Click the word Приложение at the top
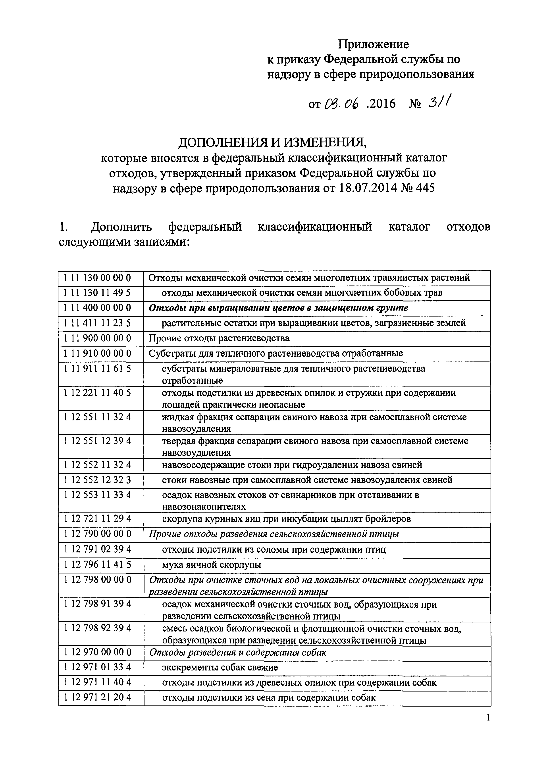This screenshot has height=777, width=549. click(x=374, y=44)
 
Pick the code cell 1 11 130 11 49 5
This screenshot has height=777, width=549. click(x=97, y=293)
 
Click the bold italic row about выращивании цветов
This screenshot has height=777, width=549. click(x=278, y=308)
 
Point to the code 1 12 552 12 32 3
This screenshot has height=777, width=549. click(x=97, y=480)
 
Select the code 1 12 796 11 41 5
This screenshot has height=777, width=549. click(x=97, y=564)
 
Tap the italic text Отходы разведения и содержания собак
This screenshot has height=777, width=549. click(x=237, y=653)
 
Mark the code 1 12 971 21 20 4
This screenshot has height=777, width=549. click(x=97, y=697)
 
